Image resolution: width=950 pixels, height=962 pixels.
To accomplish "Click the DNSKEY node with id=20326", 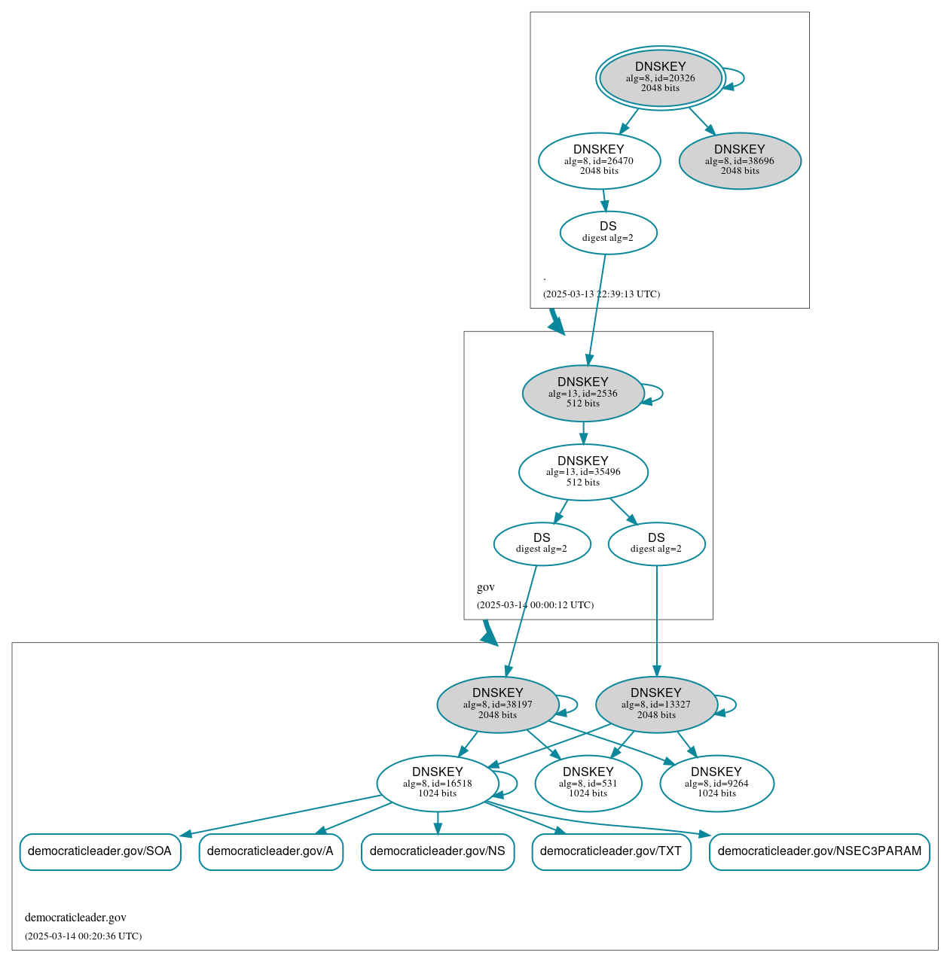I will click(x=661, y=78).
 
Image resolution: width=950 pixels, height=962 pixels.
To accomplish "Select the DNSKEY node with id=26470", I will click(x=599, y=160).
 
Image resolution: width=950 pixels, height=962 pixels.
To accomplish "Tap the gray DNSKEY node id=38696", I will click(x=739, y=160).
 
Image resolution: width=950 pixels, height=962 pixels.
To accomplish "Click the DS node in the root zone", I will click(x=608, y=233).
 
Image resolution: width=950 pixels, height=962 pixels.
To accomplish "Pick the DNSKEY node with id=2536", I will click(x=582, y=393).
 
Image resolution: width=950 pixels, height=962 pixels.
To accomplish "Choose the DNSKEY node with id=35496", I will click(x=582, y=472).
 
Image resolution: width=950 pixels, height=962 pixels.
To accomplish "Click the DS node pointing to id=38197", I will click(x=542, y=543).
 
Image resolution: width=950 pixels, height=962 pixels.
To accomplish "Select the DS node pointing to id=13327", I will click(x=656, y=543).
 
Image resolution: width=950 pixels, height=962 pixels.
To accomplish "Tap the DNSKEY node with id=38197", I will click(x=497, y=705).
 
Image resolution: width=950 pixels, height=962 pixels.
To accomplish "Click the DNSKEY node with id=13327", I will click(x=655, y=705).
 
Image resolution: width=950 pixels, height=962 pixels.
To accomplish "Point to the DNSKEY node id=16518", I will click(x=437, y=784).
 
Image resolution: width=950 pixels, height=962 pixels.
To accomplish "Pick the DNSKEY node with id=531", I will click(x=588, y=784).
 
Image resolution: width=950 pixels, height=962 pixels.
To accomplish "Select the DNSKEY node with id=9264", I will click(x=716, y=784).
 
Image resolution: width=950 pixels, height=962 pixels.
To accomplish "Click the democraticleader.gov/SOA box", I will click(x=99, y=851).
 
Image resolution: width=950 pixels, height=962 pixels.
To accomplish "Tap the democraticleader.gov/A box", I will click(x=270, y=851).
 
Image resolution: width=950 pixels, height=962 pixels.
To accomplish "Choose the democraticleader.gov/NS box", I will click(x=437, y=851).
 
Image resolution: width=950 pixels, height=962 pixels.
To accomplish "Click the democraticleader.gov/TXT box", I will click(x=611, y=851).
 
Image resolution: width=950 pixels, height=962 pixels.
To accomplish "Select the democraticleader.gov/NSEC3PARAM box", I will click(x=819, y=851).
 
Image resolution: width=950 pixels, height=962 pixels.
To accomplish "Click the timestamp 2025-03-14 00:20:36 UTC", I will click(x=83, y=936).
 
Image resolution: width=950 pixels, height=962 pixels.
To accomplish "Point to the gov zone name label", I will click(x=486, y=587).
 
